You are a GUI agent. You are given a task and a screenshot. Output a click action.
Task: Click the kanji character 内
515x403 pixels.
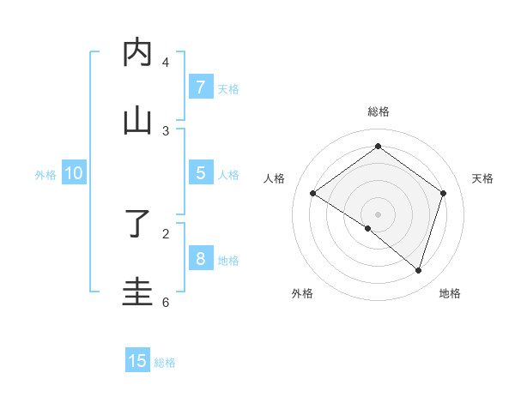[x=137, y=53]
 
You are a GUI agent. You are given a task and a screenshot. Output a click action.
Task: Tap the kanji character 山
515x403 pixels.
[x=137, y=120]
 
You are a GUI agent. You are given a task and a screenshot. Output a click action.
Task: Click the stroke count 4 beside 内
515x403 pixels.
[x=166, y=63]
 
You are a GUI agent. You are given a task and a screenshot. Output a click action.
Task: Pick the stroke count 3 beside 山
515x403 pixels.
[x=166, y=130]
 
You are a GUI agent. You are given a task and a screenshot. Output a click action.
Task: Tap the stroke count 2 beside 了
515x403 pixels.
[x=166, y=232]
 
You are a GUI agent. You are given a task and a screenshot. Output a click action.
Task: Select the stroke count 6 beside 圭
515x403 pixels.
[x=166, y=302]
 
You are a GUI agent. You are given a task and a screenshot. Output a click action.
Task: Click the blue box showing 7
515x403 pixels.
[x=200, y=87]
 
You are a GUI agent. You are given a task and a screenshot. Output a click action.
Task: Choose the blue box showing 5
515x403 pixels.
[x=200, y=173]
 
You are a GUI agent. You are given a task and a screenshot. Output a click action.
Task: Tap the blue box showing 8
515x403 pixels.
[x=200, y=259]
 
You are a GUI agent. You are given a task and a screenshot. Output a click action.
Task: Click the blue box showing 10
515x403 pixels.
[x=74, y=173]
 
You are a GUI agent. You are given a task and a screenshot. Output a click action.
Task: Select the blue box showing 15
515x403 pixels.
[x=137, y=361]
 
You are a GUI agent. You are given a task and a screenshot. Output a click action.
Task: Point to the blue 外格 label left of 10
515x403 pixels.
[x=45, y=175]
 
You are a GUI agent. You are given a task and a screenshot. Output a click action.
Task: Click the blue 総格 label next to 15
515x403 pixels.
[x=165, y=363]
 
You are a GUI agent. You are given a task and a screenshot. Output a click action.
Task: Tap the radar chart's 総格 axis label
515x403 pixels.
[x=379, y=111]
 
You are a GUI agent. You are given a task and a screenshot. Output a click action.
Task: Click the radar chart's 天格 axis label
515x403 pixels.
[x=482, y=178]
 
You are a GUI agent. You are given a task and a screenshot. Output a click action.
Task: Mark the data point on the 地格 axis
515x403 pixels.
[x=418, y=270]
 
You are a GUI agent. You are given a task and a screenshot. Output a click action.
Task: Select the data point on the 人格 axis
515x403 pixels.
[x=313, y=194]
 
